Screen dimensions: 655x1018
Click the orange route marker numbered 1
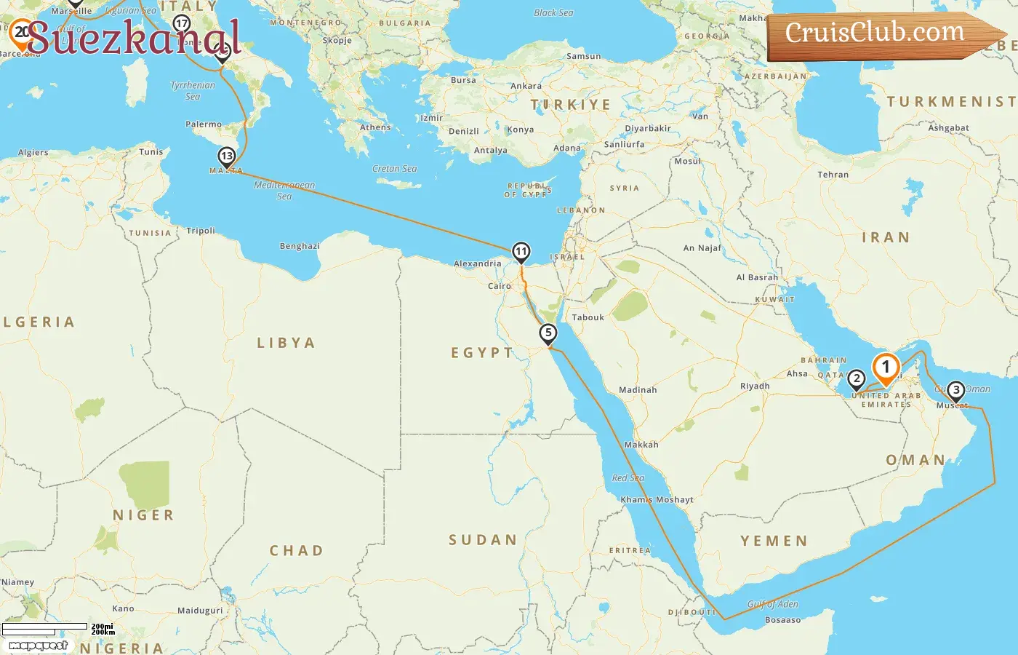(x=886, y=368)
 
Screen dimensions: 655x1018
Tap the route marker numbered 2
(x=857, y=378)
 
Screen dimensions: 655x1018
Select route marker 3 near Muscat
(x=955, y=391)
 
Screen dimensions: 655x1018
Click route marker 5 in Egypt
(x=548, y=333)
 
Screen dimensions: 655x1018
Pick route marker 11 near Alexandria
(x=521, y=252)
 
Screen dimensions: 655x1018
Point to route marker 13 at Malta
(x=227, y=156)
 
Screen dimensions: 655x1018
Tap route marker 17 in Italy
(x=182, y=23)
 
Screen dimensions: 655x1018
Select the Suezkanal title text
(x=135, y=38)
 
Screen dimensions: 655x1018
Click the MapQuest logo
(x=39, y=646)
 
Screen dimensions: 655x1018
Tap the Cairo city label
(x=500, y=286)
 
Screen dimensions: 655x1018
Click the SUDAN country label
(x=483, y=540)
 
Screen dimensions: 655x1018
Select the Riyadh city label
(x=755, y=386)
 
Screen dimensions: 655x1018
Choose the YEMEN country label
(x=774, y=541)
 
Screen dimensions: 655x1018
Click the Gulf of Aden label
(x=772, y=604)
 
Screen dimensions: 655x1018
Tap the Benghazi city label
(x=300, y=246)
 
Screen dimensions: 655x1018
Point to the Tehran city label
(x=833, y=175)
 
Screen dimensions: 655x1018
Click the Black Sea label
(x=553, y=12)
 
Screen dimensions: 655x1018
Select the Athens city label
(x=375, y=127)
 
